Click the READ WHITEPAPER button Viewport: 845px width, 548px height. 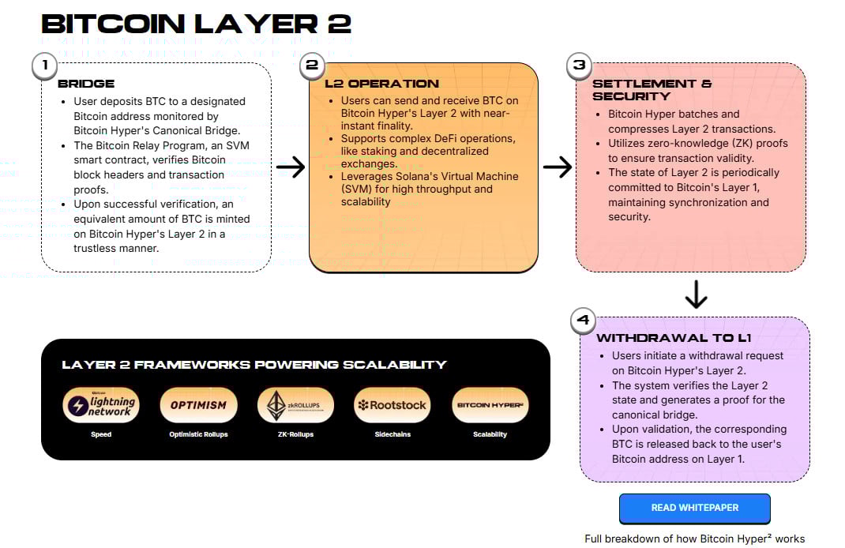(694, 508)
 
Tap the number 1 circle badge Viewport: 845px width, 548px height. (45, 66)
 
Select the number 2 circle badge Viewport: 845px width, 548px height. (312, 66)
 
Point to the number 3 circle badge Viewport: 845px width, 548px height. (580, 66)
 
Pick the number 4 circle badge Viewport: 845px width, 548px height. (584, 321)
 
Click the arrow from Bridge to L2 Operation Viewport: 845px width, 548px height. (291, 167)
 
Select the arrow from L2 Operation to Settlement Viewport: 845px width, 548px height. (558, 167)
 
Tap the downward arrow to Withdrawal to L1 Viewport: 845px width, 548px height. (696, 294)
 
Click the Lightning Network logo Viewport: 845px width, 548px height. (100, 405)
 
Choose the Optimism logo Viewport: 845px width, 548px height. (198, 405)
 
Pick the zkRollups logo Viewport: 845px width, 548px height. (295, 405)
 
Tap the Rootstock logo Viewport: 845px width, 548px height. (392, 405)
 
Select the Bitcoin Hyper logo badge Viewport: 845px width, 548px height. (490, 405)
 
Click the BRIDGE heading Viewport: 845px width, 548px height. (86, 84)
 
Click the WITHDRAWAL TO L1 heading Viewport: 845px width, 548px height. (674, 338)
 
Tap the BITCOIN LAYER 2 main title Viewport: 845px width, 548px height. (197, 23)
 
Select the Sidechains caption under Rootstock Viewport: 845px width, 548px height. (392, 434)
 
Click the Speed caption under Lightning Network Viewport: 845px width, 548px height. (100, 434)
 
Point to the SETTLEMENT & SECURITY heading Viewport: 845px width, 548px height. (652, 90)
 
